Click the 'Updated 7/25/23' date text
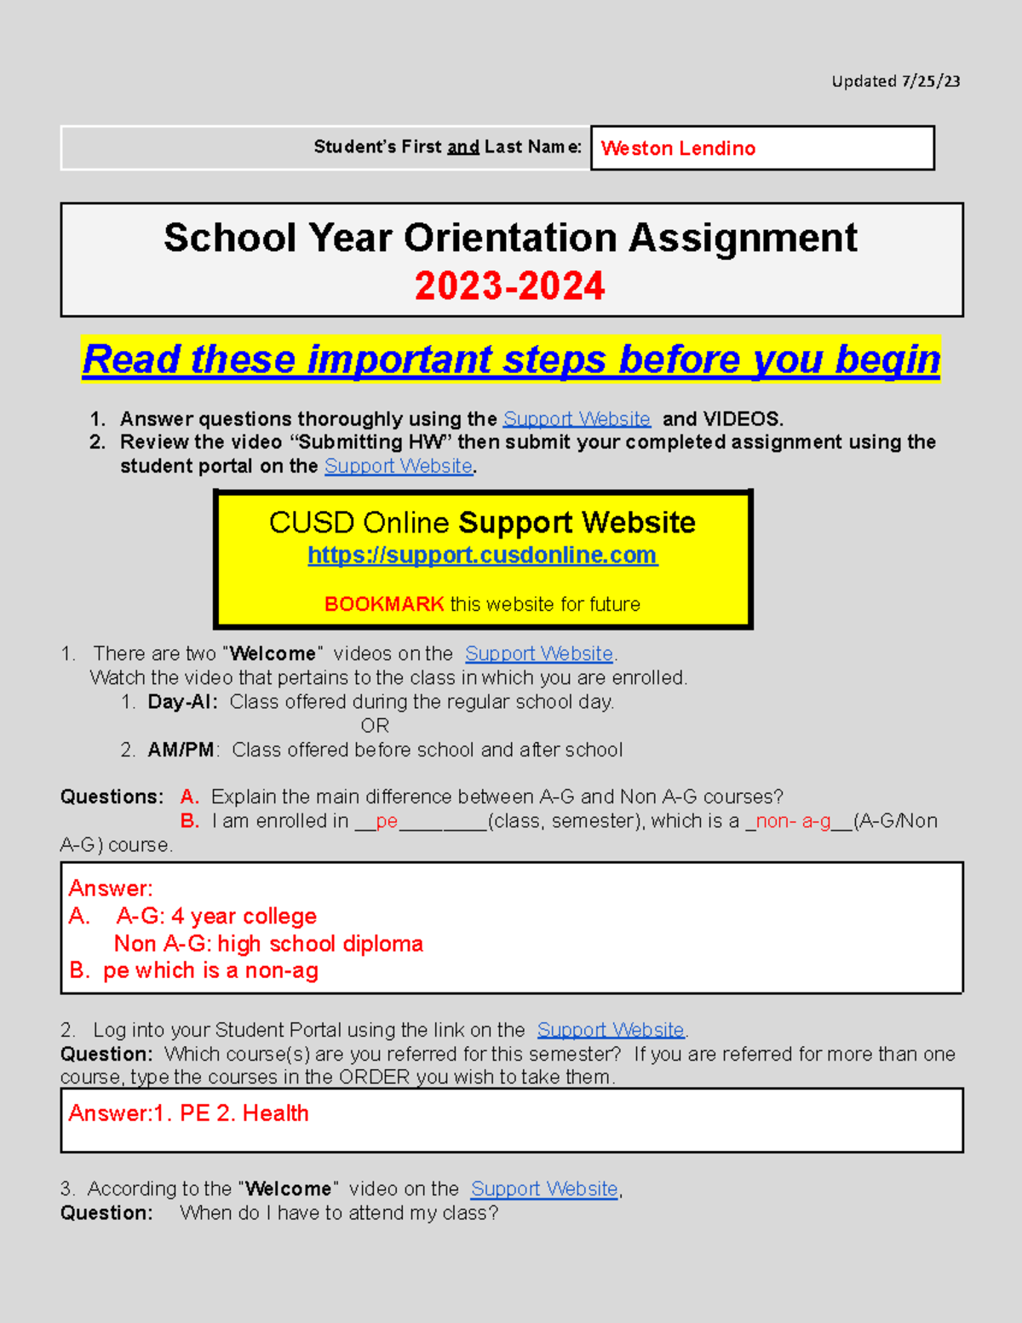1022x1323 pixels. coord(895,82)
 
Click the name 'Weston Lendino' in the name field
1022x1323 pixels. coord(678,148)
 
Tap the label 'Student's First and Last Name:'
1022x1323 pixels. coord(447,147)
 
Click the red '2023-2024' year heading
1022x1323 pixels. coord(509,285)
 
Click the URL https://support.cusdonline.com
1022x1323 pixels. coord(482,555)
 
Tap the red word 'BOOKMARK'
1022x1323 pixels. coord(384,604)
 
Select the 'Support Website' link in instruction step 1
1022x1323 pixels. coord(577,419)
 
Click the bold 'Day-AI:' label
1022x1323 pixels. coord(182,702)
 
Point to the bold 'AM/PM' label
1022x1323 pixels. coord(181,750)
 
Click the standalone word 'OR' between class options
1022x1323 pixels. coord(375,726)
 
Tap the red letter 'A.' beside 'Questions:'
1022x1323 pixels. coord(190,797)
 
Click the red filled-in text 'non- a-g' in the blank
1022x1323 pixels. coord(793,821)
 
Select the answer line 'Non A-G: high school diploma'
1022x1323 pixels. coord(268,944)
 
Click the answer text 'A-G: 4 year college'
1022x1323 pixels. coord(216,917)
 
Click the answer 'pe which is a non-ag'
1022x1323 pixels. coord(210,971)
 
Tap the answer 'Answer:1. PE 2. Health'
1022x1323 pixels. coord(189,1113)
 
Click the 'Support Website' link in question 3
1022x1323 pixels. coord(544,1189)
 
